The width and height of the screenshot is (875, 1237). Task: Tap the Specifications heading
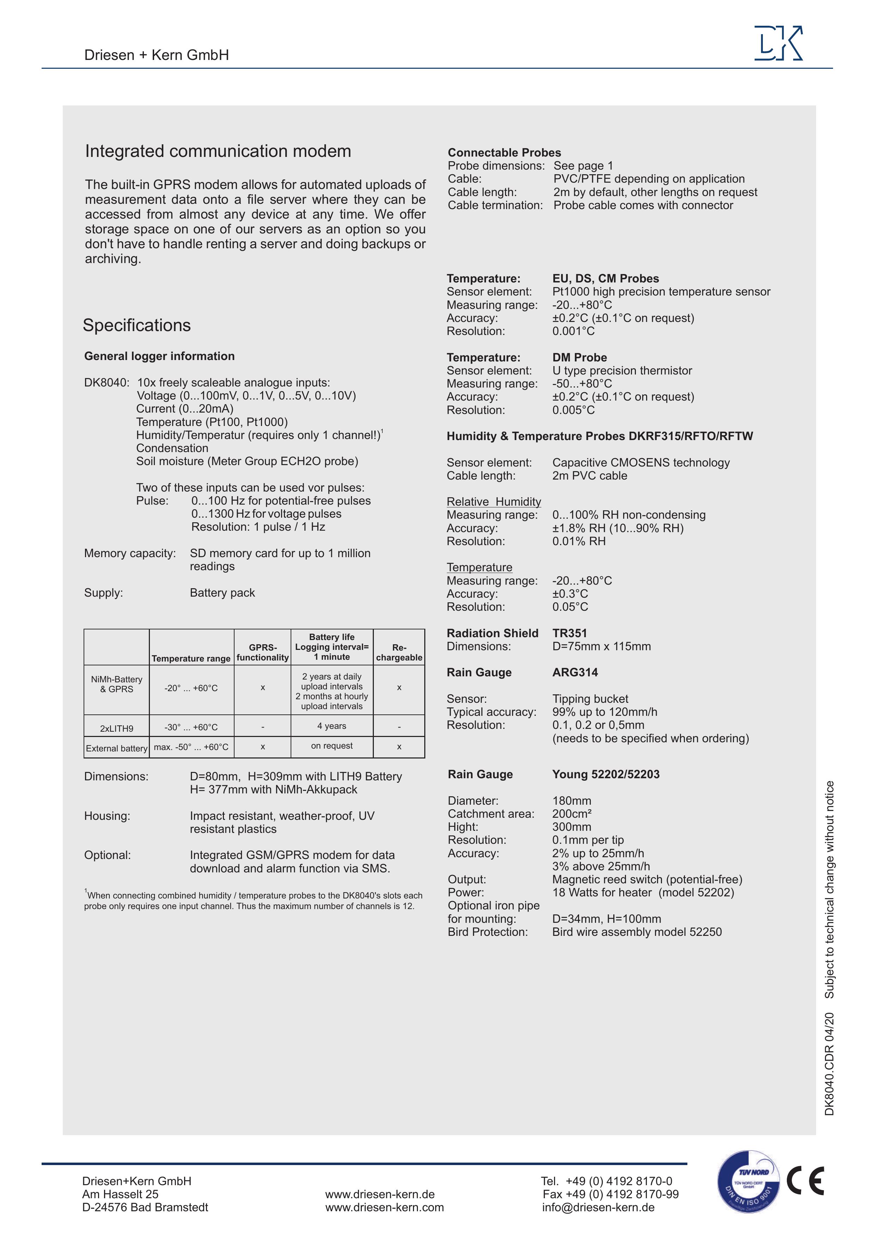(x=136, y=325)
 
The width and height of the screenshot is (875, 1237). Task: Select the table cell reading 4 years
(x=332, y=726)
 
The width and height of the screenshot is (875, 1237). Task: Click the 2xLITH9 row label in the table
(x=116, y=729)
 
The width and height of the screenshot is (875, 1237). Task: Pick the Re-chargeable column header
(x=399, y=652)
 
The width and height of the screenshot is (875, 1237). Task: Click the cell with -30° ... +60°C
(x=191, y=727)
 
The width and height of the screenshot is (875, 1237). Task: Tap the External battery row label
(x=116, y=748)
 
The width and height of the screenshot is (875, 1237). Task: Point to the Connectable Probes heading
(x=504, y=152)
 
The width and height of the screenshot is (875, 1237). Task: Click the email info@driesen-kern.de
(x=598, y=1207)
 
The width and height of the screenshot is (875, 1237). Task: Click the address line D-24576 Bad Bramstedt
(x=145, y=1207)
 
